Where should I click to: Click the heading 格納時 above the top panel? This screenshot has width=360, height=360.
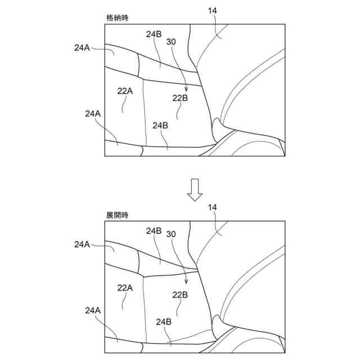coord(116,18)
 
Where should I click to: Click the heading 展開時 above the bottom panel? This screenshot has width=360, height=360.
coord(116,215)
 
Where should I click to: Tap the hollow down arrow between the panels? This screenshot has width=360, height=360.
coord(195,190)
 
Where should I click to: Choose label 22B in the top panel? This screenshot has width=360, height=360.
coord(180,97)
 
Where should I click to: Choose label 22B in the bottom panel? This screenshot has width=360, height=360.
coord(180,294)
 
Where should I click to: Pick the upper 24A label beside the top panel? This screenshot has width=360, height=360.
coord(82,48)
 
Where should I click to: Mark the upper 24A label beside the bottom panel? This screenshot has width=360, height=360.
coord(82,244)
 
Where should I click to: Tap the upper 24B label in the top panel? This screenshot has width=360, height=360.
coord(154,34)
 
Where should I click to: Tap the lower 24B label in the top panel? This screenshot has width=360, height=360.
coord(160,125)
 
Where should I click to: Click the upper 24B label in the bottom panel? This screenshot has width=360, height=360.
coord(154,231)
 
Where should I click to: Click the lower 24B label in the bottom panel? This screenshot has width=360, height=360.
coord(163,322)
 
